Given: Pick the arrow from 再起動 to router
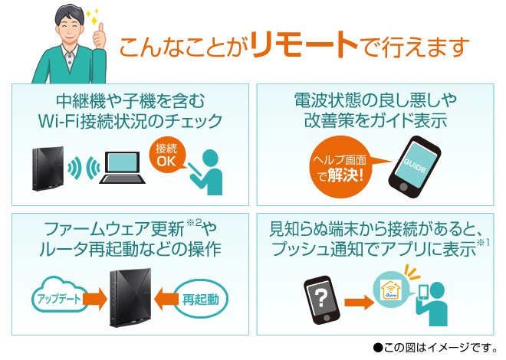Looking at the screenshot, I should click(x=164, y=297).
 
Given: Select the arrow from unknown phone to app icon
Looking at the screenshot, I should click(x=356, y=297).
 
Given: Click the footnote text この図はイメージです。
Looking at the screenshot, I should click(x=433, y=346).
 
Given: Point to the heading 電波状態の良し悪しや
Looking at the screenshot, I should click(x=376, y=100).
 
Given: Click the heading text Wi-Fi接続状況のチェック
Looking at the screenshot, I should click(x=131, y=121).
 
